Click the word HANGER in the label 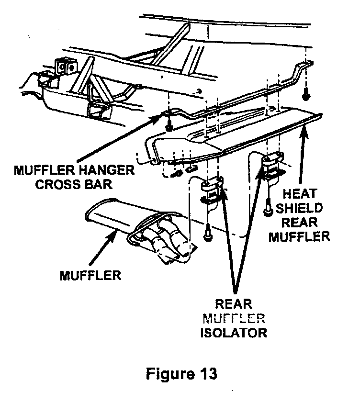tap(106, 170)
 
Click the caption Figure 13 tap(181, 373)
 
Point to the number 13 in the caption tap(206, 373)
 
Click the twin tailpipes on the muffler tap(165, 244)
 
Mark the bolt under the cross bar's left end tap(169, 127)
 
